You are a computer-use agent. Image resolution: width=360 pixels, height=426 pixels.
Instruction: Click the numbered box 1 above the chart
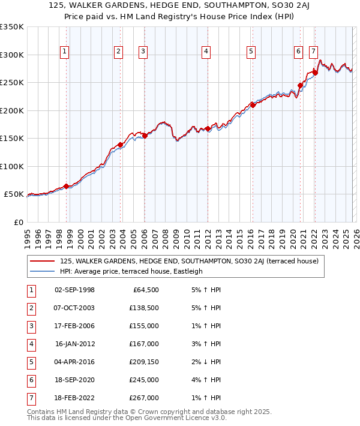(x=64, y=52)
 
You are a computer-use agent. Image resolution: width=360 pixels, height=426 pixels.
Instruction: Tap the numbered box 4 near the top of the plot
(x=206, y=52)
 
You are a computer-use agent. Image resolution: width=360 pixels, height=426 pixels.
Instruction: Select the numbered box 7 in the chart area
(x=314, y=52)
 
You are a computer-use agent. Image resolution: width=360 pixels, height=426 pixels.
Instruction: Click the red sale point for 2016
(x=253, y=106)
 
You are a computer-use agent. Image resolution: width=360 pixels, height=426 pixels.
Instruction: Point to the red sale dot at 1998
(x=66, y=187)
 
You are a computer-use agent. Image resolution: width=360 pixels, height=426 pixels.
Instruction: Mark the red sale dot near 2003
(x=120, y=145)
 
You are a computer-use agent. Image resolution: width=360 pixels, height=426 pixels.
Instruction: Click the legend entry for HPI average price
(x=131, y=271)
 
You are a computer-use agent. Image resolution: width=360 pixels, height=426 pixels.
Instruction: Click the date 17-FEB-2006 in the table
(x=74, y=325)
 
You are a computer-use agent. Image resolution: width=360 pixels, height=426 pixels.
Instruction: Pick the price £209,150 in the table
(x=143, y=361)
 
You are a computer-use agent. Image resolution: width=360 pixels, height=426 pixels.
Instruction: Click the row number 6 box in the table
(x=30, y=379)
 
